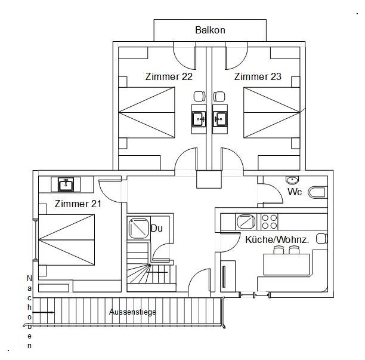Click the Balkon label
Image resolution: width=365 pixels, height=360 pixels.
(x=210, y=30)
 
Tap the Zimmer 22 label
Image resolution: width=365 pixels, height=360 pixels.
(x=169, y=76)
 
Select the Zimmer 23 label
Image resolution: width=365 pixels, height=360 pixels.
(x=258, y=76)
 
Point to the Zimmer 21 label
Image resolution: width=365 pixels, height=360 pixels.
(x=78, y=204)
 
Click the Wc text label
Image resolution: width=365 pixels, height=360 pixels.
(x=295, y=192)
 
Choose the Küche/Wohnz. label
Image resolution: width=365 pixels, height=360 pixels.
(x=277, y=239)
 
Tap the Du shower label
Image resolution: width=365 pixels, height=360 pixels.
(x=157, y=228)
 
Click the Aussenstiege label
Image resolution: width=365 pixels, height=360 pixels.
(x=132, y=312)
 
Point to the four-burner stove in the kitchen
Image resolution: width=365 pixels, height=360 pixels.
(x=270, y=221)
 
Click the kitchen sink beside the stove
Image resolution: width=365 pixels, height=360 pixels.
(x=246, y=221)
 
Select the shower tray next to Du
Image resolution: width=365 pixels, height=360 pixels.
(x=138, y=228)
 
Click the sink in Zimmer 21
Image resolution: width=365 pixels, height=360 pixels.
(x=65, y=184)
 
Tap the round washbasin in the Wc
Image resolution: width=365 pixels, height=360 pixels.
(x=292, y=180)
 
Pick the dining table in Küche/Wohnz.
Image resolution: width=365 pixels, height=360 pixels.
(x=287, y=263)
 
